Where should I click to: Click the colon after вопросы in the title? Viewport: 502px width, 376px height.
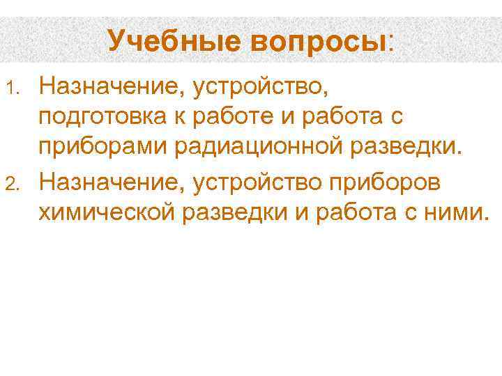click(390, 42)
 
